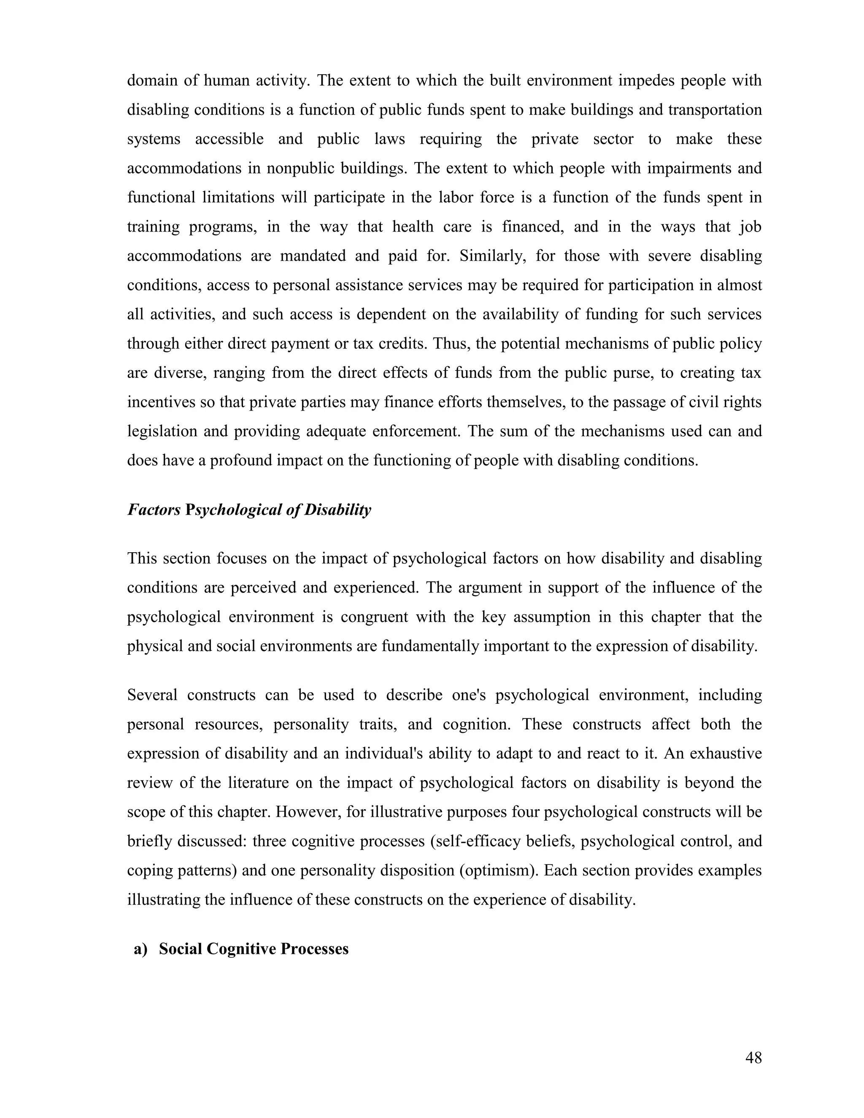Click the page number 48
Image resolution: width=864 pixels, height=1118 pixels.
[x=753, y=1058]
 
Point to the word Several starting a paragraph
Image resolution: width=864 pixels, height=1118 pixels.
[x=152, y=695]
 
